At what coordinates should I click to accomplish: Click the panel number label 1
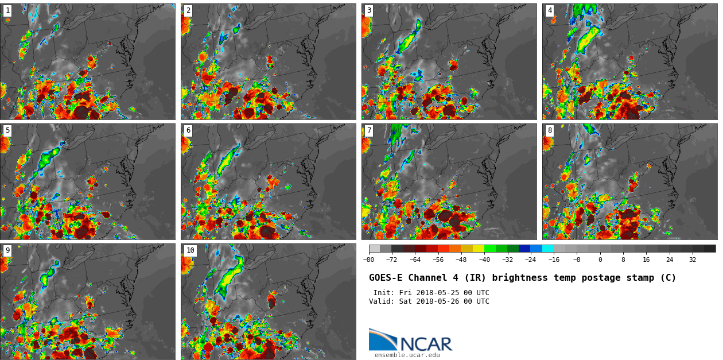(7, 10)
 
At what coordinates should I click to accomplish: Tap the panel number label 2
(188, 10)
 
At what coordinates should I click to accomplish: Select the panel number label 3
(369, 10)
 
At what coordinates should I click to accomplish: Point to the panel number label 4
(550, 10)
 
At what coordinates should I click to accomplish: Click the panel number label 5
(7, 130)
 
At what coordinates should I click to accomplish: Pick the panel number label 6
(188, 130)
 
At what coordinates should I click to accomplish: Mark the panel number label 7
(369, 130)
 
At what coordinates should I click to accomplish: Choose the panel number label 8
(550, 130)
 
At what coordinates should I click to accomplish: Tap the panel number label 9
(7, 250)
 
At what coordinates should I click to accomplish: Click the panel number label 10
(190, 250)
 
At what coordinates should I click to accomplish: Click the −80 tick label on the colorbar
(368, 260)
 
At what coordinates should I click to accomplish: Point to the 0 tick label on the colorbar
(600, 260)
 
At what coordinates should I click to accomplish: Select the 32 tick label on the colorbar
(693, 260)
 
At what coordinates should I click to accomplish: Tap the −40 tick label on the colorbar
(484, 260)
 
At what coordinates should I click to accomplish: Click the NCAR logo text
(426, 344)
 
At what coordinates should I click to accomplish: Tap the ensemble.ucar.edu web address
(407, 355)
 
